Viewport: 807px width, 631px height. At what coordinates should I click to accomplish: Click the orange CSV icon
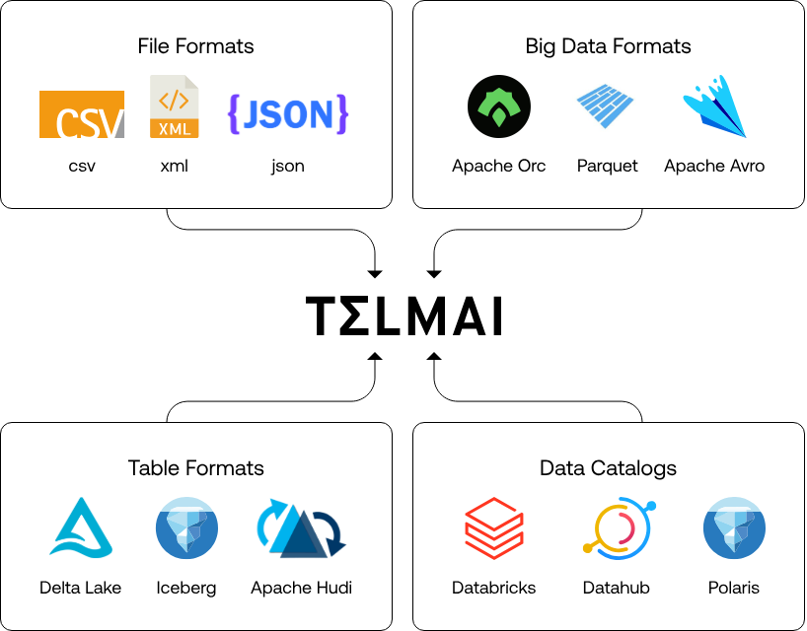pyautogui.click(x=82, y=114)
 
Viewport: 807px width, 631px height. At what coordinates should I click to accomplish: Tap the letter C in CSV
pyautogui.click(x=66, y=124)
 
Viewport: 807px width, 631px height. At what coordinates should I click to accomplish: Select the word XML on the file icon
pyautogui.click(x=175, y=128)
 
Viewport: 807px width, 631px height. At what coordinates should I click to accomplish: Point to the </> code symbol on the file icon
pyautogui.click(x=174, y=100)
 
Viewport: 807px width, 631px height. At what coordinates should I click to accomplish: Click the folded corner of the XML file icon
pyautogui.click(x=191, y=82)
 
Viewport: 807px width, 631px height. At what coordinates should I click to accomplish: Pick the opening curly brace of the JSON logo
pyautogui.click(x=234, y=114)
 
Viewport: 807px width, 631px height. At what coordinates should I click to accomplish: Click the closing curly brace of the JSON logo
pyautogui.click(x=341, y=114)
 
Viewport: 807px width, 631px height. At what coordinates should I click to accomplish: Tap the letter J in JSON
pyautogui.click(x=251, y=115)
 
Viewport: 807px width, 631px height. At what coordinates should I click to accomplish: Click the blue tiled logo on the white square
pyautogui.click(x=605, y=106)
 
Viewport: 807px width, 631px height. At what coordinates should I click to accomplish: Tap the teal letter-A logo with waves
pyautogui.click(x=81, y=528)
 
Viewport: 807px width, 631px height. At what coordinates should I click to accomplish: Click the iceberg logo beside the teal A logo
pyautogui.click(x=186, y=528)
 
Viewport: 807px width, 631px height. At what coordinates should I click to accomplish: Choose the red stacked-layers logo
pyautogui.click(x=493, y=528)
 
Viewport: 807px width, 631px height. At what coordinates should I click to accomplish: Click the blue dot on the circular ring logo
pyautogui.click(x=651, y=506)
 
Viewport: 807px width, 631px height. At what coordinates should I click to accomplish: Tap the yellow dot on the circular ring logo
pyautogui.click(x=588, y=548)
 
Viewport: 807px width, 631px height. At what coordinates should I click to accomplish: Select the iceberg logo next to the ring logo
pyautogui.click(x=734, y=528)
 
